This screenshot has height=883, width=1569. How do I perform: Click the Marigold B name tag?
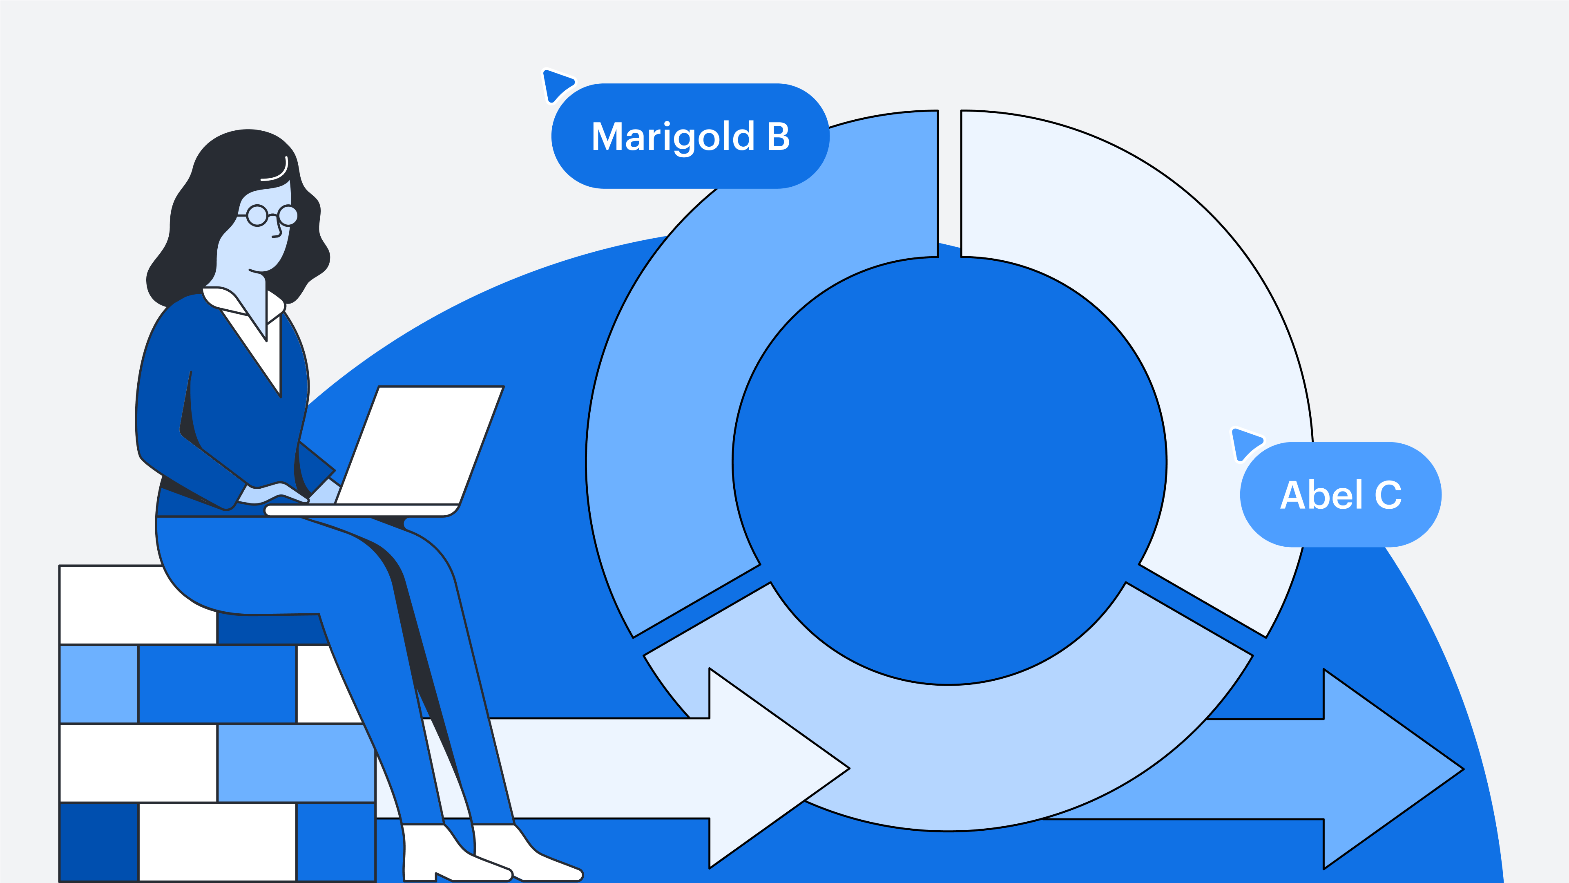[690, 136]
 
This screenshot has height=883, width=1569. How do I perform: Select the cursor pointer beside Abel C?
[1244, 443]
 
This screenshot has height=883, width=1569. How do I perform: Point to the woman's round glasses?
[272, 215]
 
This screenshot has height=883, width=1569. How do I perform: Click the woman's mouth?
[255, 270]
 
